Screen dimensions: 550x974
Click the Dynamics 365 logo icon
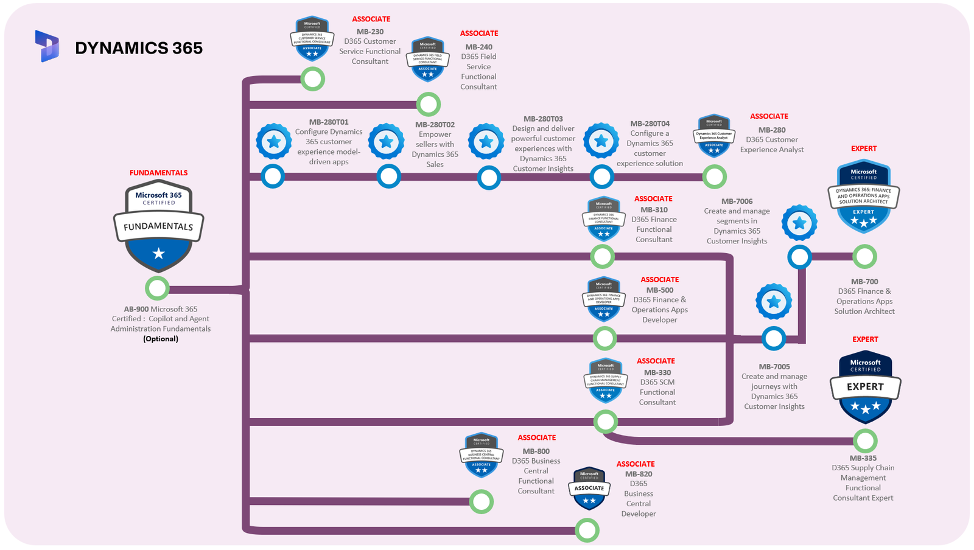click(47, 46)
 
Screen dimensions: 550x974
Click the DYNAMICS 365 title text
click(139, 48)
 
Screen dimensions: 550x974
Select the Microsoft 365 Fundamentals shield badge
click(158, 226)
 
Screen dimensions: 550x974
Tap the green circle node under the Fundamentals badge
click(157, 288)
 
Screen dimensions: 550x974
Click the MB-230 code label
click(370, 32)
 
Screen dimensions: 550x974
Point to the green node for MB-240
click(429, 105)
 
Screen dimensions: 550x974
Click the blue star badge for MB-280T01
click(274, 142)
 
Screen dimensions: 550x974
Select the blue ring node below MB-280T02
click(388, 177)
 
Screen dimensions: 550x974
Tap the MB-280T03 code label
click(543, 119)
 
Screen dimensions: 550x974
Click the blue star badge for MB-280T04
click(601, 141)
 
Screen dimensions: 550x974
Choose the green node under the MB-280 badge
click(715, 177)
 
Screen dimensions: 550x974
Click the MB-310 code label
click(654, 210)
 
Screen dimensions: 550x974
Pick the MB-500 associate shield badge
click(604, 299)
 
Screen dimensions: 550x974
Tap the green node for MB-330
click(606, 421)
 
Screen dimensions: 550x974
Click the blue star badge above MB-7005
click(774, 302)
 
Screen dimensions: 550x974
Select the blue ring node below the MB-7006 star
click(799, 257)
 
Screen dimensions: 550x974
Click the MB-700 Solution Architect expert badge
click(863, 196)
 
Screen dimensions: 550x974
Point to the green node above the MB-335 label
click(865, 441)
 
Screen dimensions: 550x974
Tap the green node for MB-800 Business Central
click(482, 502)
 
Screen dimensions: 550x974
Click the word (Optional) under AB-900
click(161, 339)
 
